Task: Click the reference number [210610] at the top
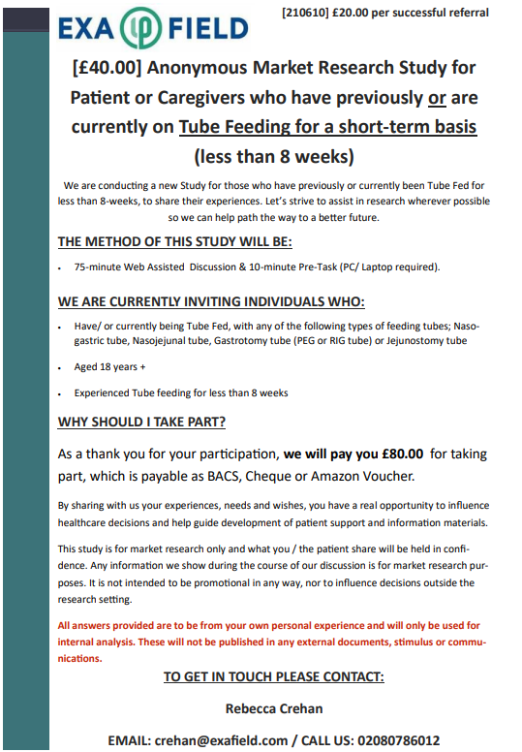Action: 308,13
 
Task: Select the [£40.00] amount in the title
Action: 109,69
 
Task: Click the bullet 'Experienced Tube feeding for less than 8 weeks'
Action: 181,393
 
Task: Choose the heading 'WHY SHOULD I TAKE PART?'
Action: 142,423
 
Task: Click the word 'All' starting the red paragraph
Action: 66,626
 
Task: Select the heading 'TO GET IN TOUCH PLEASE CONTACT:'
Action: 273,676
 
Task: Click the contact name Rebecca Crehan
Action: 273,708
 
